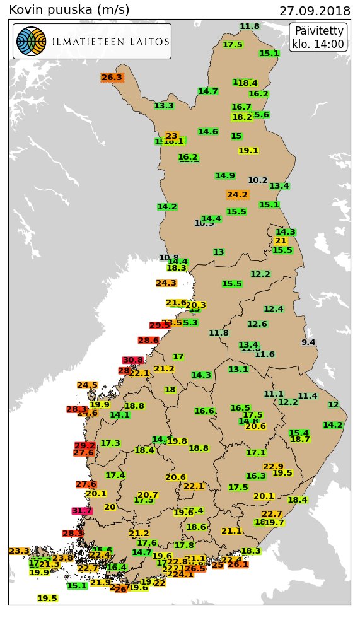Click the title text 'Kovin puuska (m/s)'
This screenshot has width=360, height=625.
click(69, 10)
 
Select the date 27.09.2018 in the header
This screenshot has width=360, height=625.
click(315, 11)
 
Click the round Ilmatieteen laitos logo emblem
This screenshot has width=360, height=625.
click(31, 42)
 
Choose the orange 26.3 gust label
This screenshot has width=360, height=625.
click(112, 78)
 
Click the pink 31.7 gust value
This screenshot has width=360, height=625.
click(82, 511)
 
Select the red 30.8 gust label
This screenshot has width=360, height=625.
click(133, 360)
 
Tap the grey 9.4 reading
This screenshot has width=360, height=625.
click(308, 342)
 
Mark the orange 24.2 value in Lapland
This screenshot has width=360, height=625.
click(237, 195)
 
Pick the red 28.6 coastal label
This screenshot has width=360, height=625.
click(148, 341)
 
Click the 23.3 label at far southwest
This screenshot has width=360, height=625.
click(19, 551)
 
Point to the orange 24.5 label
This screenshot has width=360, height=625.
click(87, 385)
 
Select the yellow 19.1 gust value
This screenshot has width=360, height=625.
click(248, 151)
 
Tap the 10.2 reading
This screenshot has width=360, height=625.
click(258, 180)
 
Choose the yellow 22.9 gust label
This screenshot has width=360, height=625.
click(273, 467)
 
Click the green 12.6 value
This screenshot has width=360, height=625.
click(257, 324)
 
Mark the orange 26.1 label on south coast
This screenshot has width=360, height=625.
click(238, 564)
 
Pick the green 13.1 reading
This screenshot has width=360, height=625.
click(238, 370)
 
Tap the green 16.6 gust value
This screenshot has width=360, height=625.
click(204, 411)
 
